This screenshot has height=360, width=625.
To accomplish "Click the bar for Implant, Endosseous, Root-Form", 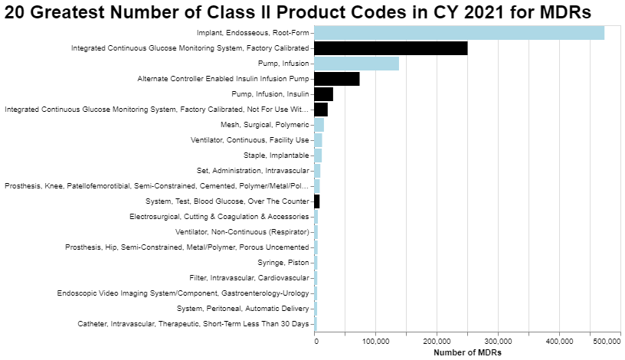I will point(460,33).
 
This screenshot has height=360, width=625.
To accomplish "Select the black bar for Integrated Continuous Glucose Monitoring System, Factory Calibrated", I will point(391,48).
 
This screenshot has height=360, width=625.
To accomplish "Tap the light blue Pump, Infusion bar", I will point(357,64).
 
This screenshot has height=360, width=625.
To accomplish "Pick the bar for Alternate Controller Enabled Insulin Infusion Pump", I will point(337,79).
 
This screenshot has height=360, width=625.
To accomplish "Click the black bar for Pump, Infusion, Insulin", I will point(324,94).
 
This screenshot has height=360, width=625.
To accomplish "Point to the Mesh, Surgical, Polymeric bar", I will point(319,125).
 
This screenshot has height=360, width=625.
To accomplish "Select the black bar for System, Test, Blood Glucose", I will point(317,201).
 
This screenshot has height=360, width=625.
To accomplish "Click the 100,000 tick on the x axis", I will point(375,341).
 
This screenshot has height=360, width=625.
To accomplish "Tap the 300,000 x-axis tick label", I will point(499,341).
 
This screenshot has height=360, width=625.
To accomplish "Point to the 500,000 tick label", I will point(604,341).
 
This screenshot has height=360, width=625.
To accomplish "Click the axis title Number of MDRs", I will point(466,352).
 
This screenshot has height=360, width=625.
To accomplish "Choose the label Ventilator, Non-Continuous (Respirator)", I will point(242,232).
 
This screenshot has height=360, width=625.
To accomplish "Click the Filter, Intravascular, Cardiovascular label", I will point(249,278).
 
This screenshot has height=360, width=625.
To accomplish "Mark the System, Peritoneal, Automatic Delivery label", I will point(243,309).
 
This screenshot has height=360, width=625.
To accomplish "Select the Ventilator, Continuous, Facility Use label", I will point(250,140).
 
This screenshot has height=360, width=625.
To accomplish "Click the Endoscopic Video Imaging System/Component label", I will point(183,293).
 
